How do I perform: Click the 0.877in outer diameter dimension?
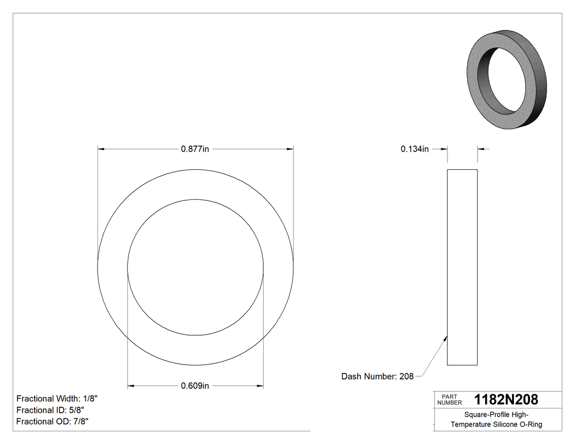(196, 149)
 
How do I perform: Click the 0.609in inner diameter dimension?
(196, 386)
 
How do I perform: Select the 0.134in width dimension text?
(415, 149)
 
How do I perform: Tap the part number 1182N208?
(506, 399)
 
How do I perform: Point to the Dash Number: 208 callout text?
(377, 376)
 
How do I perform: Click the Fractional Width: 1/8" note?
(58, 399)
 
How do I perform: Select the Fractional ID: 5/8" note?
(50, 410)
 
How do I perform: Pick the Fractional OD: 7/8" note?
(53, 421)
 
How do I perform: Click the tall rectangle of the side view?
(462, 267)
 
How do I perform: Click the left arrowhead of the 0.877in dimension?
(101, 149)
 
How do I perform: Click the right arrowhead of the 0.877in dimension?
(290, 149)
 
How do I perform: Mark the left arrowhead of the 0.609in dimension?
(131, 386)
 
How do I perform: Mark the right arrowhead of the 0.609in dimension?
(260, 386)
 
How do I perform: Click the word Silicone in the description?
(503, 424)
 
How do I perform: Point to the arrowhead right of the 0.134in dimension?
(480, 149)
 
